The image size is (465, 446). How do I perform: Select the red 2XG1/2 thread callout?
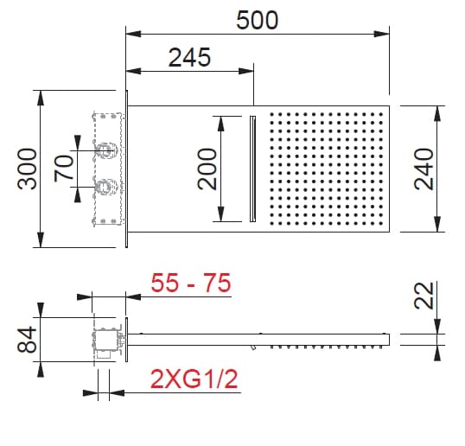point(192,378)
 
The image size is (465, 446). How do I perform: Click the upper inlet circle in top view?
point(105,150)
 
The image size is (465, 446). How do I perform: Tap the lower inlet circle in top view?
point(105,184)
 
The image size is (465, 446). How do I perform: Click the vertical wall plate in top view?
point(127,168)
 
